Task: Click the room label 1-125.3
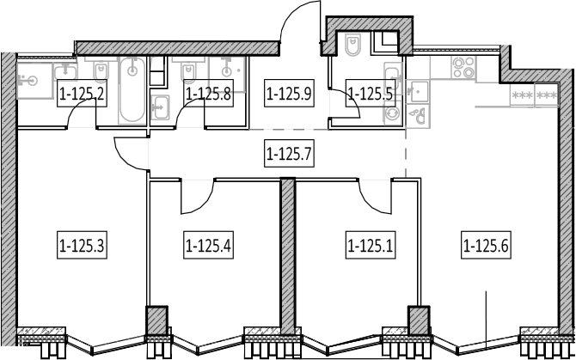click(82, 245)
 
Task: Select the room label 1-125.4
click(208, 245)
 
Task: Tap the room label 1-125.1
click(371, 245)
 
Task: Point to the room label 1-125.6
click(486, 245)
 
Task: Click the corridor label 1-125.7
click(289, 154)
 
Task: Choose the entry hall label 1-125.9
click(289, 93)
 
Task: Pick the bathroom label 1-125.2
click(82, 93)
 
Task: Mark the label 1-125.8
click(208, 93)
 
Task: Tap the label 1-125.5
click(371, 93)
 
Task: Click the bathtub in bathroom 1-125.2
click(132, 90)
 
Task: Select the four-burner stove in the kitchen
click(463, 68)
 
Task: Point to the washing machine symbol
click(392, 113)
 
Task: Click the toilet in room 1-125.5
click(353, 45)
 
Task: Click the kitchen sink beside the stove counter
click(418, 91)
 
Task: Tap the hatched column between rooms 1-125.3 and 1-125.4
click(157, 320)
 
